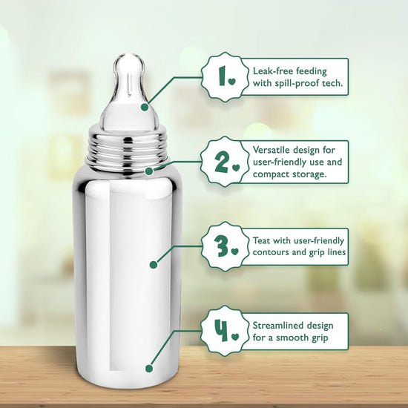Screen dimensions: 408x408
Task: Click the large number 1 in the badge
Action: click(x=223, y=76)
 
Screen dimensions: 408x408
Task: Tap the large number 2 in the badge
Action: click(x=222, y=162)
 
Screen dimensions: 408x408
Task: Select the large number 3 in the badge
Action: click(x=221, y=246)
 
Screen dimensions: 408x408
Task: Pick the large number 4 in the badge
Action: click(x=221, y=330)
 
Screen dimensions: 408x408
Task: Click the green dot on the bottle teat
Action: click(x=145, y=108)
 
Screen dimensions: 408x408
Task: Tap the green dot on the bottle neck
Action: click(x=149, y=171)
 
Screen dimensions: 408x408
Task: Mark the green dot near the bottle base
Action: click(x=149, y=369)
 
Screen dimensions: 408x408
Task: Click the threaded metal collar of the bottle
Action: click(x=128, y=151)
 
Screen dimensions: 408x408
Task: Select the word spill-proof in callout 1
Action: click(x=294, y=84)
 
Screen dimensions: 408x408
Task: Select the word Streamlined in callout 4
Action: click(x=278, y=326)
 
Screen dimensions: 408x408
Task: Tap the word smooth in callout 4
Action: click(x=292, y=338)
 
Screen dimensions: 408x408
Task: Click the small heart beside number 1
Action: click(x=232, y=82)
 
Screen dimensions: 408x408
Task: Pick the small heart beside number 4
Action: click(x=235, y=337)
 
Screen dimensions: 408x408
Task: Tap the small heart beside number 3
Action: click(x=235, y=251)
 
